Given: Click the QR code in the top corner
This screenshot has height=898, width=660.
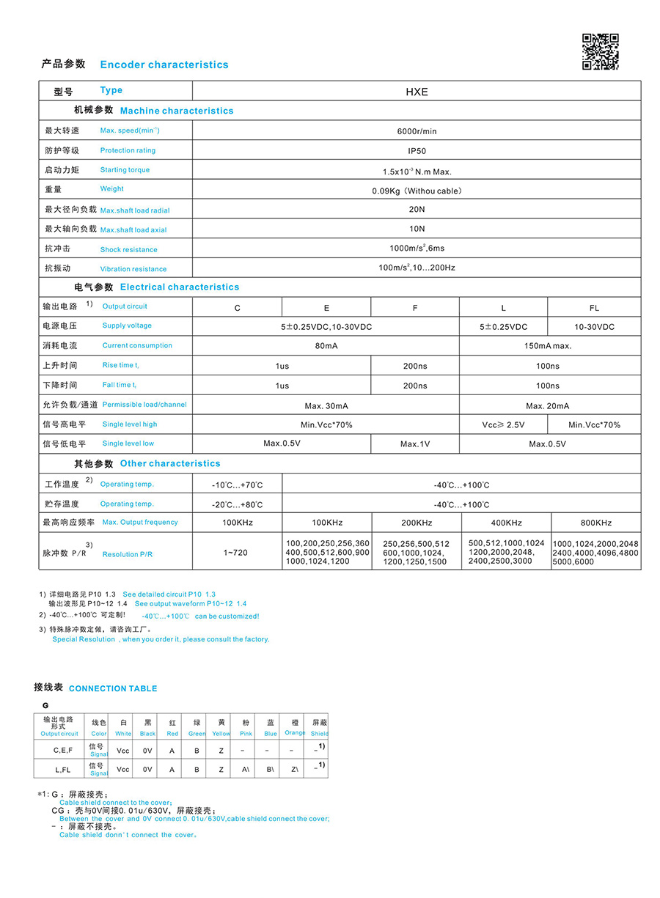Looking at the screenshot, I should [x=600, y=52].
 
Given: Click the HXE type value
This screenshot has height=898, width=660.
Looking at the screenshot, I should [x=417, y=92].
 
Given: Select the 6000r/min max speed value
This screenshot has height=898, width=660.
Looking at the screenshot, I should [x=417, y=131].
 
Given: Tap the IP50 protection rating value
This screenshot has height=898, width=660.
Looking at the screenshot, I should [x=417, y=151].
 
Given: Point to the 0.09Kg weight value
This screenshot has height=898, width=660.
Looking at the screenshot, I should [x=417, y=191].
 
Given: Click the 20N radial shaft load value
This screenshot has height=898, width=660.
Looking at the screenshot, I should [x=417, y=210].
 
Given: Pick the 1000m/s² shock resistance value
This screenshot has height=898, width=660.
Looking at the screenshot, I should [x=417, y=249].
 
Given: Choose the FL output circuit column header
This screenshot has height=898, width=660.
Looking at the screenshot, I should [x=594, y=308].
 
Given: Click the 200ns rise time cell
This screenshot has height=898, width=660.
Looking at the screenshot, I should [x=415, y=366].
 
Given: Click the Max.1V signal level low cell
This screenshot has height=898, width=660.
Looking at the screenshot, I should [x=415, y=444].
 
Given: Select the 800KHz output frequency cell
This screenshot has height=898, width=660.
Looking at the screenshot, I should [x=596, y=523].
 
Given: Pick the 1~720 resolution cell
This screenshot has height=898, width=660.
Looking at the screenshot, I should [x=235, y=552].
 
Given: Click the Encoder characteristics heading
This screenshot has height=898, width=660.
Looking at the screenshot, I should [x=164, y=65].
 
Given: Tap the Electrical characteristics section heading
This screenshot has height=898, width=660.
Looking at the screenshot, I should [x=180, y=287].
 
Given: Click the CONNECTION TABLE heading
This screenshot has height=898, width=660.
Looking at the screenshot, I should [x=113, y=688].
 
